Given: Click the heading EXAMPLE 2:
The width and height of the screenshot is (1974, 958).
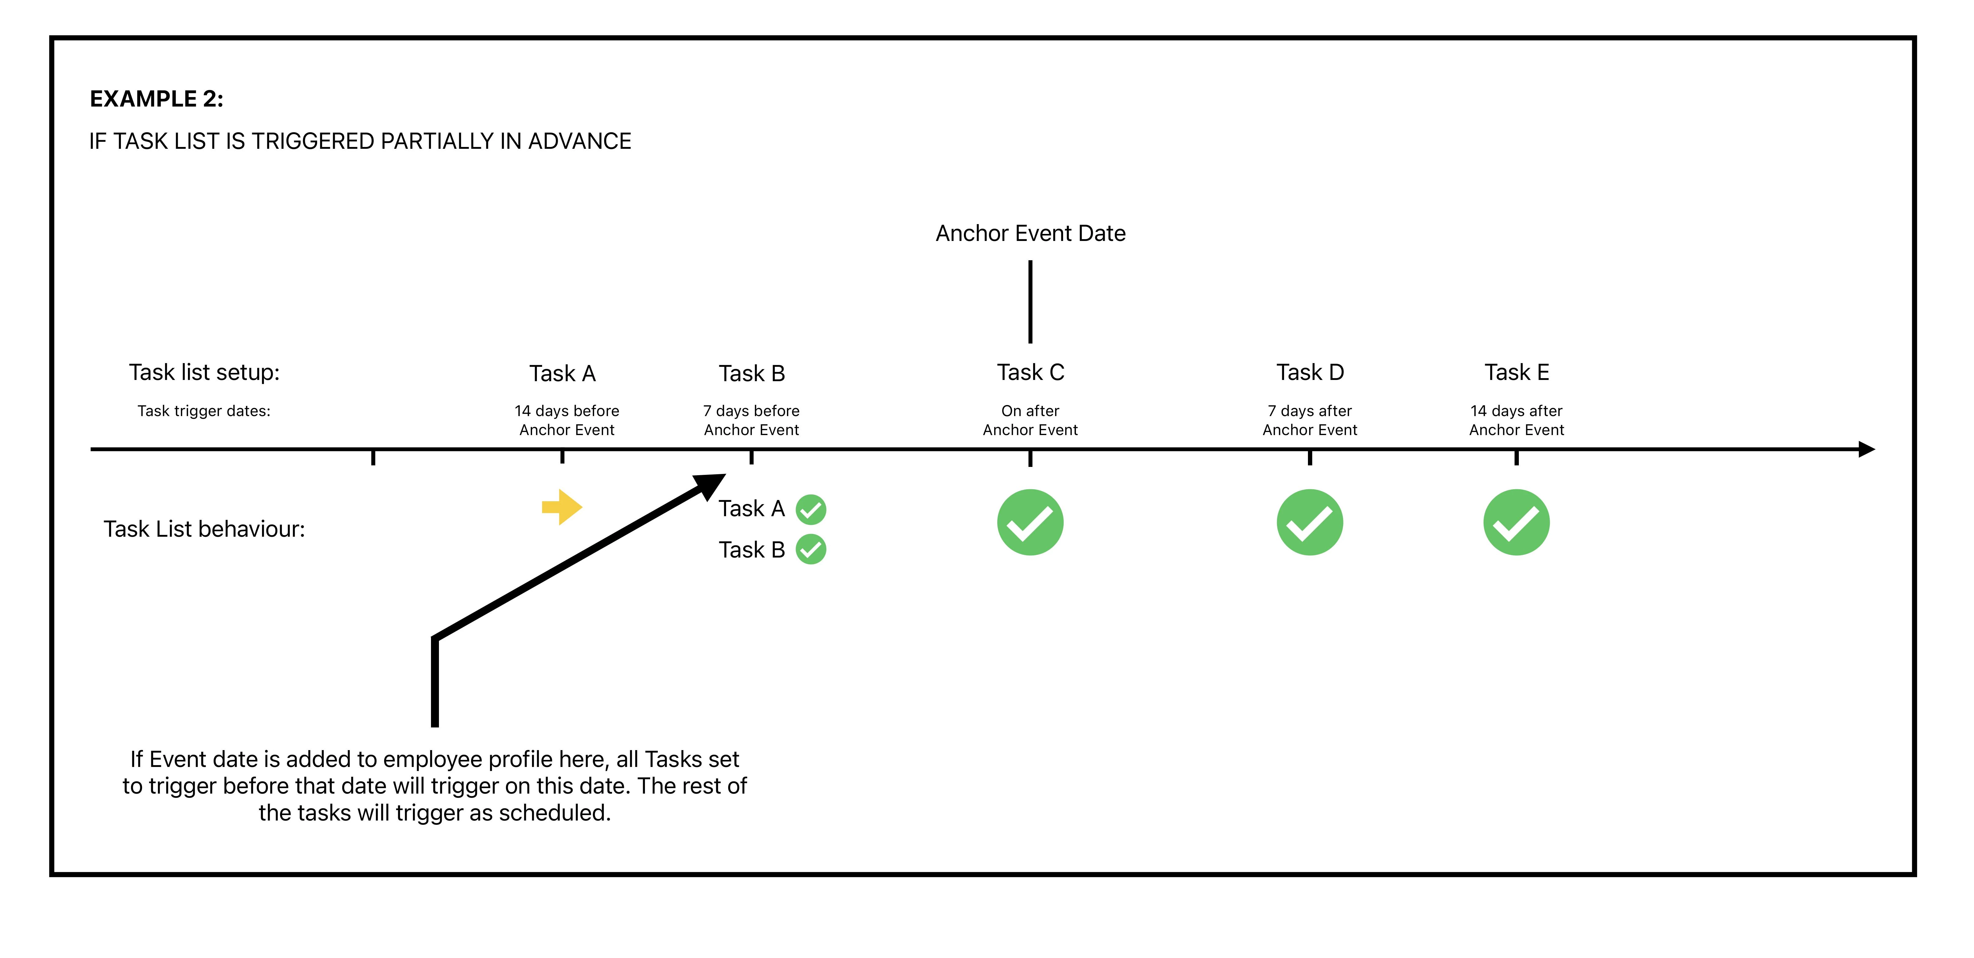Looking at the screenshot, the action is [x=156, y=99].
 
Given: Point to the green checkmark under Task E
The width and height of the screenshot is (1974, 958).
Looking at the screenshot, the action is [x=1516, y=523].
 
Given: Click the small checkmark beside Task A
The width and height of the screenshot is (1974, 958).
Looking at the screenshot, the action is [x=811, y=509].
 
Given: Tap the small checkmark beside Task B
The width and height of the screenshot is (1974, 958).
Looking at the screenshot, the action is [x=811, y=550].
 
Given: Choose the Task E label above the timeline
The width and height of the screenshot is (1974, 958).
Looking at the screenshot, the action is [x=1516, y=373].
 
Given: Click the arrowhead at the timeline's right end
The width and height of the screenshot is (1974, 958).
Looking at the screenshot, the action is [x=1867, y=449].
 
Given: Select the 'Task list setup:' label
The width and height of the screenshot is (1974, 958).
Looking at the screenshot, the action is [x=204, y=373].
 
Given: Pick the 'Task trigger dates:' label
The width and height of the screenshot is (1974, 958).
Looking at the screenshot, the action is [x=204, y=411].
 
